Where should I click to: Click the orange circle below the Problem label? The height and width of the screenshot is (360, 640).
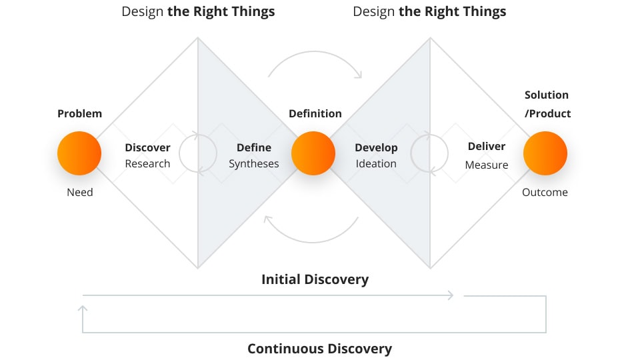pos(79,153)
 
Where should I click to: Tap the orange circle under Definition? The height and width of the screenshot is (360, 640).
pos(313,153)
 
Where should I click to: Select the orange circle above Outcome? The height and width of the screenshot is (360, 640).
pos(545,153)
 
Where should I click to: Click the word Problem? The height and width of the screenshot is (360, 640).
pos(80,113)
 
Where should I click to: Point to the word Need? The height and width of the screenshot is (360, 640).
pos(80,193)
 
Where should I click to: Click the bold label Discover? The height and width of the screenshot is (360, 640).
pos(148,147)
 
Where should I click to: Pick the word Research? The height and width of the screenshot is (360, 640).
pos(148,163)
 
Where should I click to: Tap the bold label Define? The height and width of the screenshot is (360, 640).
pos(253,147)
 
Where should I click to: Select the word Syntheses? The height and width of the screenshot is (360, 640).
pos(254,163)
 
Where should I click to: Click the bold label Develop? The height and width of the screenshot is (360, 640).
pos(376,147)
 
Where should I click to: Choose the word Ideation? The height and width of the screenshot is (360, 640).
pos(376,163)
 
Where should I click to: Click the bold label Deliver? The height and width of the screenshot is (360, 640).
pos(487,147)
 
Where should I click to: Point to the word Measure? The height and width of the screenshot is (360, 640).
pos(487,165)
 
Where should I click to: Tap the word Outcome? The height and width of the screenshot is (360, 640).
pos(545,193)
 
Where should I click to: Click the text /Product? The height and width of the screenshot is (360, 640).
pos(548,113)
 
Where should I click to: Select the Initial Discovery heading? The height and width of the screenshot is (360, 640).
pos(315,279)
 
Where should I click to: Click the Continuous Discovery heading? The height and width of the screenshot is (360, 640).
pos(319,349)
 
